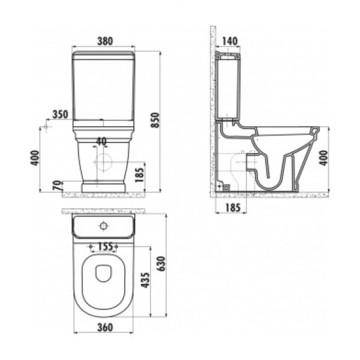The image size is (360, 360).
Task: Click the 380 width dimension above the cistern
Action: pos(105,41)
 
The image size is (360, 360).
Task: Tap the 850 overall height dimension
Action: pos(155,120)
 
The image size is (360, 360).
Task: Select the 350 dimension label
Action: pos(61,115)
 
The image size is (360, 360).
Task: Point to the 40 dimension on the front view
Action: pos(101,142)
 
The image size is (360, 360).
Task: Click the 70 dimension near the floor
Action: pos(58,185)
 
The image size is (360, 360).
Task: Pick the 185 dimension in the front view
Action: pos(139,175)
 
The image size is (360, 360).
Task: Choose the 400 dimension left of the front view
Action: pos(35,158)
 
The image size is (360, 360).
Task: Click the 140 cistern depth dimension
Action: pos(230,41)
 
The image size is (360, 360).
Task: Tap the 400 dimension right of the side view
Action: pos(323,158)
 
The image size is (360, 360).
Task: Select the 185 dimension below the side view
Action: pos(233,208)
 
